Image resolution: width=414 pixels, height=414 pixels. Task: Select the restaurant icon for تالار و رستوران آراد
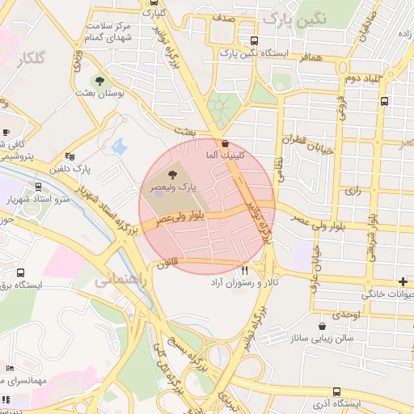pyautogui.click(x=244, y=270)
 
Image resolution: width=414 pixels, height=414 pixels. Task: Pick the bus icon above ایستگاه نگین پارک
pyautogui.click(x=255, y=40)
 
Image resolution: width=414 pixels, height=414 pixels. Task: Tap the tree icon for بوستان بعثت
pyautogui.click(x=100, y=81)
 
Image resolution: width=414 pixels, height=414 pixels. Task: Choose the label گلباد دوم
pyautogui.click(x=362, y=78)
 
